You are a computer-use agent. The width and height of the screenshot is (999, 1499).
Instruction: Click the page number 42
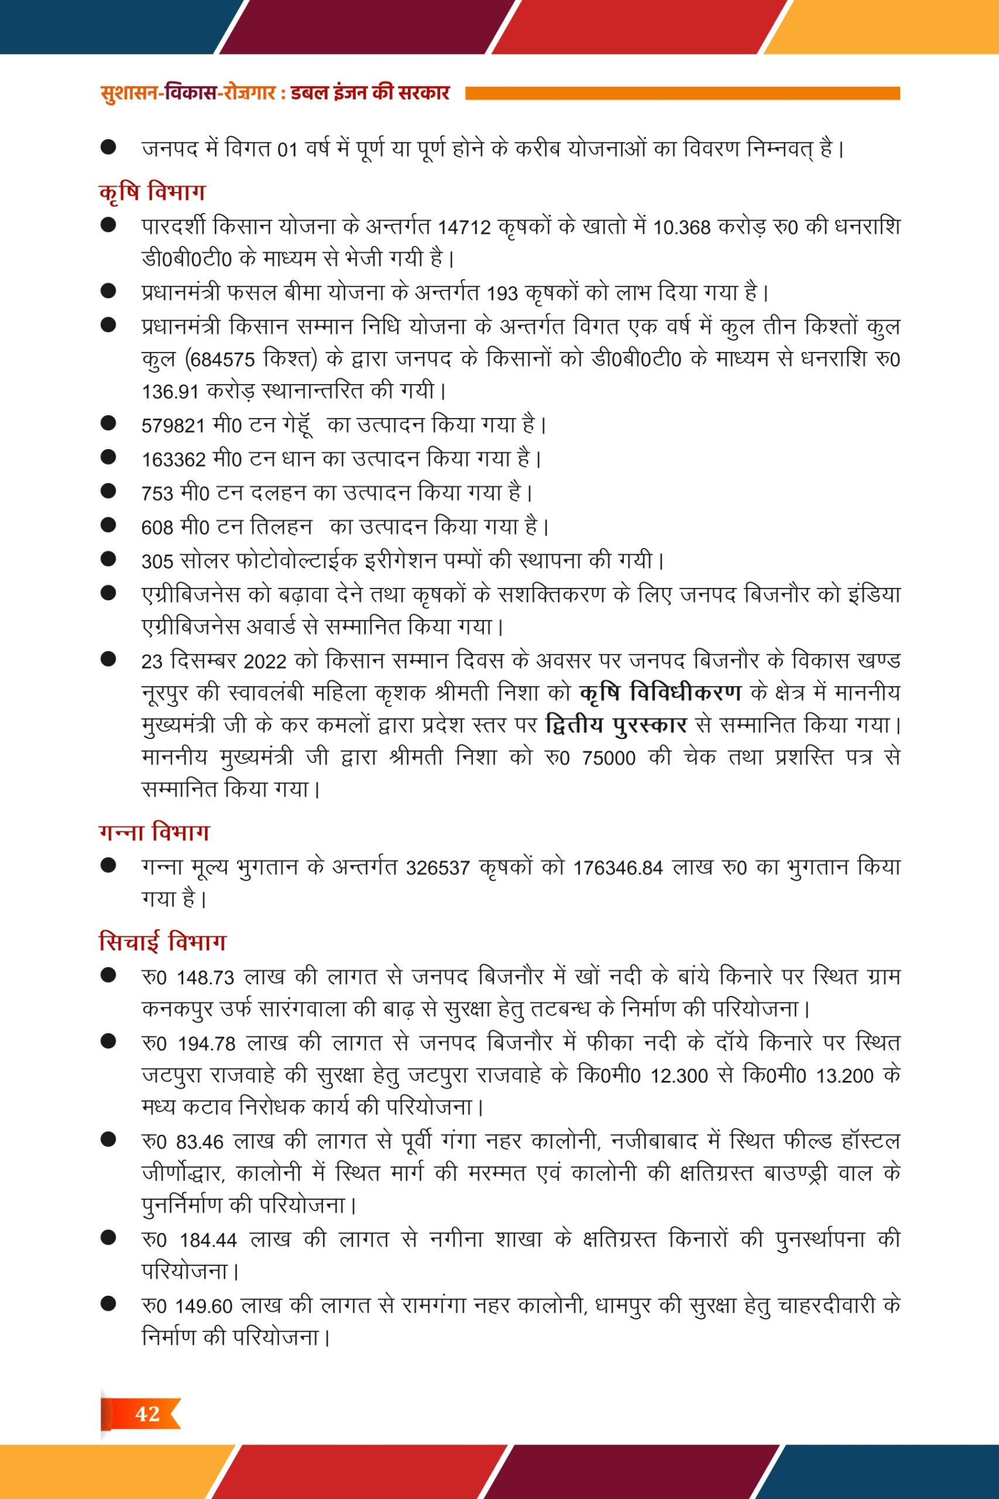click(147, 1414)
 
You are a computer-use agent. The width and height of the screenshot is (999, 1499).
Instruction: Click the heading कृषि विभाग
click(152, 192)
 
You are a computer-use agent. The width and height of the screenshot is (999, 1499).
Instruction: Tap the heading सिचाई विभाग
click(163, 942)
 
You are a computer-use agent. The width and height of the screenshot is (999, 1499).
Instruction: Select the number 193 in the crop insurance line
click(502, 294)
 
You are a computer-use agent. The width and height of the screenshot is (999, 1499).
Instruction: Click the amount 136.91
click(170, 392)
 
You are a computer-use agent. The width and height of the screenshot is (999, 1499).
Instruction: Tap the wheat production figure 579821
click(173, 426)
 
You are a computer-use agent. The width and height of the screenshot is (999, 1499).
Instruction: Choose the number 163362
click(173, 460)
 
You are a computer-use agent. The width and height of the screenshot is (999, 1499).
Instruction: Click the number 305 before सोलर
click(157, 562)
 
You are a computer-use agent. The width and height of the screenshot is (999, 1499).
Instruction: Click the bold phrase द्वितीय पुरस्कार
click(616, 725)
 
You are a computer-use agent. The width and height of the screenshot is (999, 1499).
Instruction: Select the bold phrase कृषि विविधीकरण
click(661, 692)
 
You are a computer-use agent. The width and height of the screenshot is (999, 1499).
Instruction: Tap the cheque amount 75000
click(609, 758)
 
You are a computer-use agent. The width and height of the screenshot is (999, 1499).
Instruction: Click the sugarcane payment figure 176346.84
click(617, 868)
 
